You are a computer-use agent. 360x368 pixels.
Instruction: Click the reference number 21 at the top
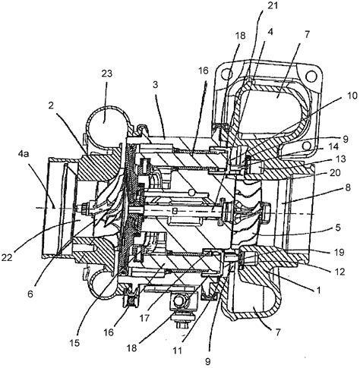pos(273,5)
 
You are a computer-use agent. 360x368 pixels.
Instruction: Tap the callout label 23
pos(107,74)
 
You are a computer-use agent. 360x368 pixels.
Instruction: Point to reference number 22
pos(7,257)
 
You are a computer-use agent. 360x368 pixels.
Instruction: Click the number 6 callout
pos(30,294)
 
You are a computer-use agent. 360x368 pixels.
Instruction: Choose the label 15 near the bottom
pos(75,343)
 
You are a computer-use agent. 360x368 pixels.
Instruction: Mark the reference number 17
pos(144,318)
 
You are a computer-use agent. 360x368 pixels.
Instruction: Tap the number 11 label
pos(177,351)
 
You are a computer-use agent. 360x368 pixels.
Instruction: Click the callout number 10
pos(352,96)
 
